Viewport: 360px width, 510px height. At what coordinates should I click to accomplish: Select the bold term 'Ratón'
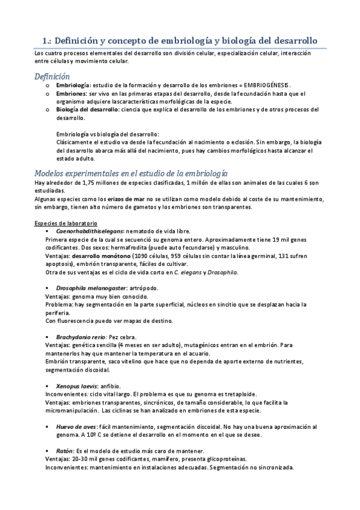[64, 451]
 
